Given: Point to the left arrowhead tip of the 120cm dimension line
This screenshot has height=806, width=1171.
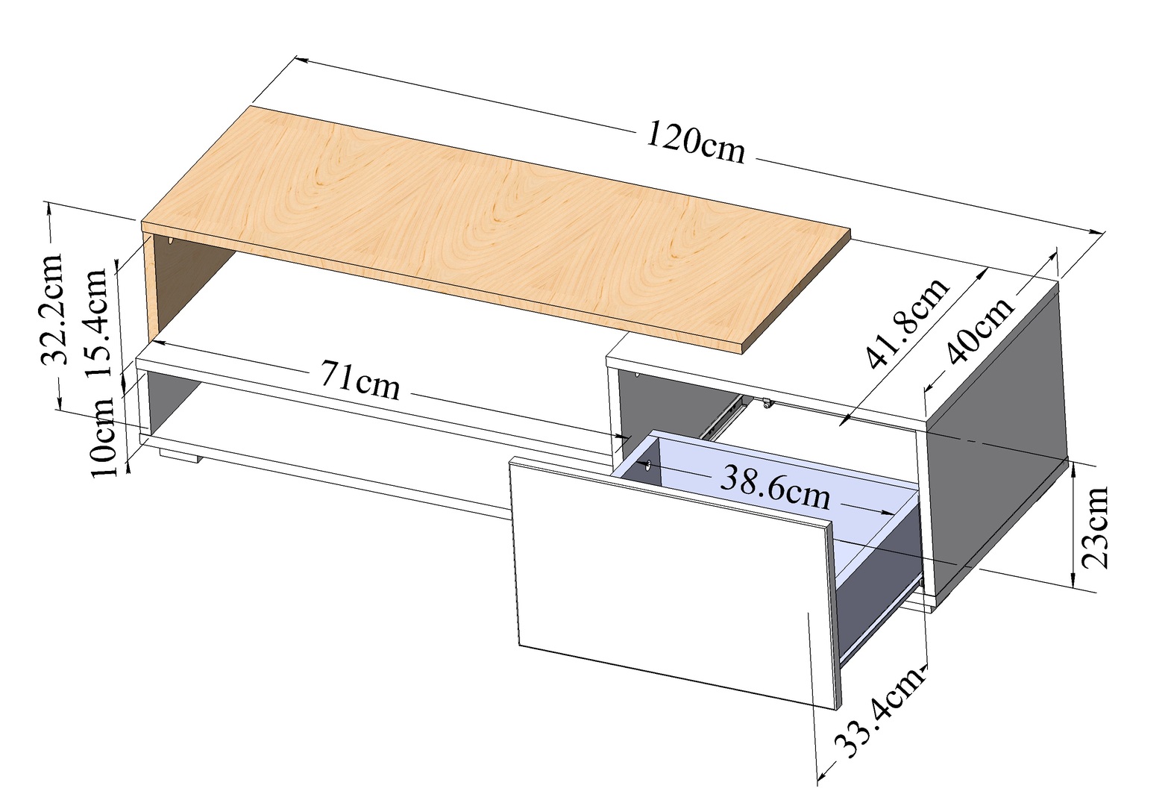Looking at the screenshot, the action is [296, 58].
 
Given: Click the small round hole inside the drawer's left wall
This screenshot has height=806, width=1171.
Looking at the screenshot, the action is [648, 464].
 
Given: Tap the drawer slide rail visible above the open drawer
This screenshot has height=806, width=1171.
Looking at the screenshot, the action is [722, 417].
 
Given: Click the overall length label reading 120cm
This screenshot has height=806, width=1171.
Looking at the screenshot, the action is [695, 143].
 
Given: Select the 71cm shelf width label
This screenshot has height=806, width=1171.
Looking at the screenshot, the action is [360, 381].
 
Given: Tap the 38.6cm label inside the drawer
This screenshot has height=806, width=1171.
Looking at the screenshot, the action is [775, 489].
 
